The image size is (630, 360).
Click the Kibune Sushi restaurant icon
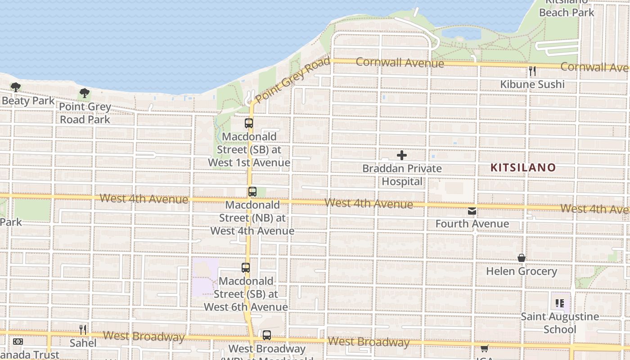pos(532,71)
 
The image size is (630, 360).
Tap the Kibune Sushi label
pos(532,85)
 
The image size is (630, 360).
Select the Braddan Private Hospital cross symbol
pos(402,156)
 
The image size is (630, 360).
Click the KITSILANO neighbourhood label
pos(523,168)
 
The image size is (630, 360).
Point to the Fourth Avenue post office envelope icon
pos(472,211)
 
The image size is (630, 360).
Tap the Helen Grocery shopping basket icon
pos(522,258)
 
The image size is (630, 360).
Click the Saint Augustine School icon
pos(560,303)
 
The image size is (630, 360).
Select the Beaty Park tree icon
pos(16,87)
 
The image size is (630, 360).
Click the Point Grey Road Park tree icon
pos(84,94)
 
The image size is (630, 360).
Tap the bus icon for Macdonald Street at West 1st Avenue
pos(249,123)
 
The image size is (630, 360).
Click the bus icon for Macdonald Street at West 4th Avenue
pos(252,192)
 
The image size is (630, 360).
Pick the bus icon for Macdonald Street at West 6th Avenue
pos(246,268)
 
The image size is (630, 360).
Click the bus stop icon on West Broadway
pos(267,335)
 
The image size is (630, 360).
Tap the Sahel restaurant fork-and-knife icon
pos(83,330)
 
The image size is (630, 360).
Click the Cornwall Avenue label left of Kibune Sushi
pos(400,63)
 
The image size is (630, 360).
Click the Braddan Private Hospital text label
pos(402,175)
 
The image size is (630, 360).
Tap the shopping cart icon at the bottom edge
pos(485,348)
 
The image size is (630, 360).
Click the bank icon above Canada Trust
pos(18,342)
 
